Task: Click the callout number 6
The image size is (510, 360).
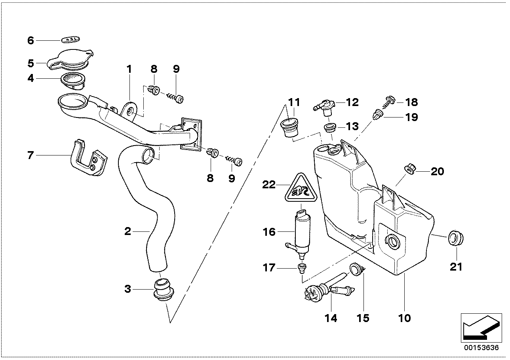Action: point(31,40)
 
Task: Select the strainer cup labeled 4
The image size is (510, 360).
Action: point(73,80)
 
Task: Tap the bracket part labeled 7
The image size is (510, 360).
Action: point(88,158)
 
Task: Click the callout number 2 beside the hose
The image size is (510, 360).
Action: point(127,231)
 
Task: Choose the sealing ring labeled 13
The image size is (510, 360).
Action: point(330,127)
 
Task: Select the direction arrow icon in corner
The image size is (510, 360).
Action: point(480,327)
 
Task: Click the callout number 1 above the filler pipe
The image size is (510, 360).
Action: point(129,69)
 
